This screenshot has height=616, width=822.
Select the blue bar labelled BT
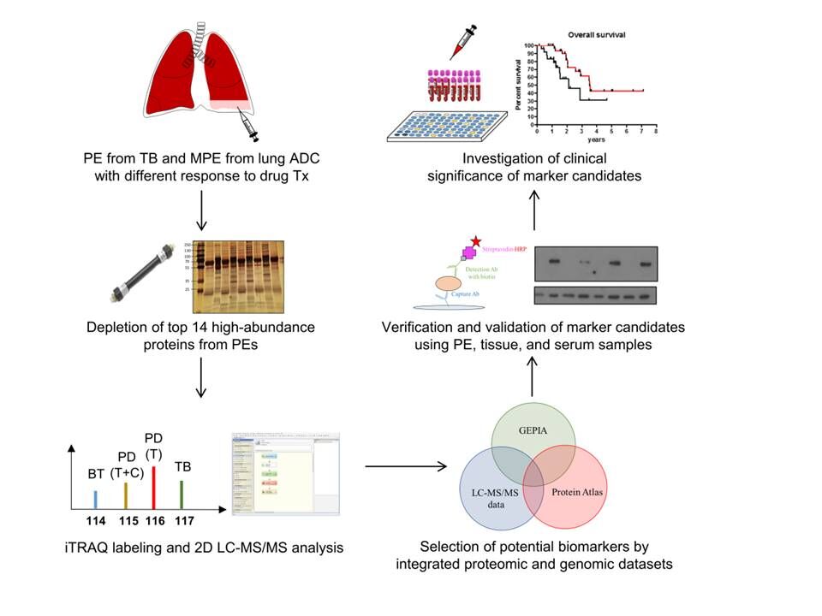pyautogui.click(x=95, y=500)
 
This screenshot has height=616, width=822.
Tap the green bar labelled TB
pyautogui.click(x=182, y=495)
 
